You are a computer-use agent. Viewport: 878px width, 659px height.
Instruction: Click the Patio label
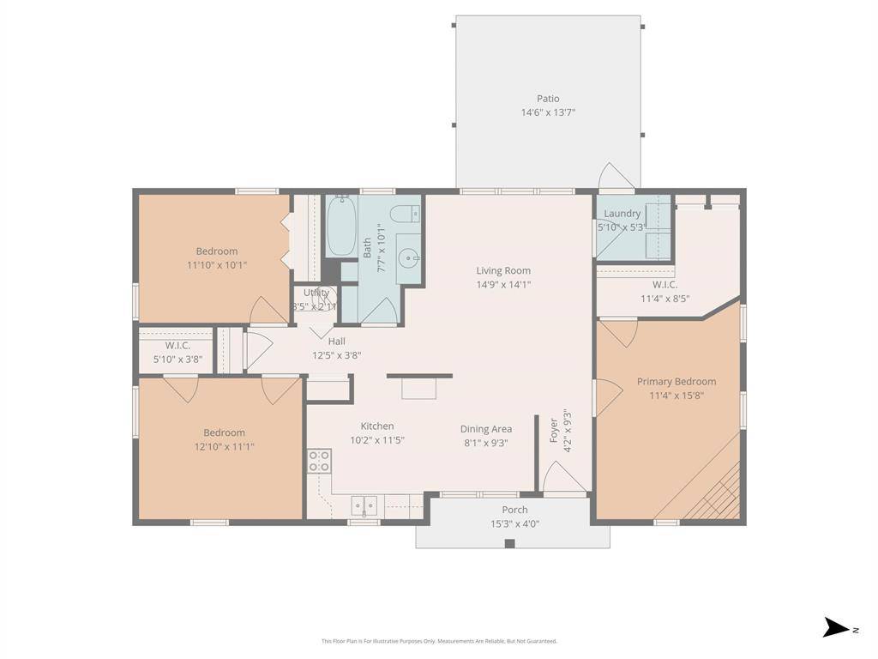click(x=548, y=99)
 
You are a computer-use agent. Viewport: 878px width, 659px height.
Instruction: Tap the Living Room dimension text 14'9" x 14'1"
click(x=504, y=284)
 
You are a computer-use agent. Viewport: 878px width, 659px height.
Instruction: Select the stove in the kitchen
click(x=320, y=461)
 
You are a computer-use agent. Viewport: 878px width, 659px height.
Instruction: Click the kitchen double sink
click(x=365, y=506)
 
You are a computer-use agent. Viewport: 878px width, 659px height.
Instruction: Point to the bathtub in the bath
click(x=340, y=226)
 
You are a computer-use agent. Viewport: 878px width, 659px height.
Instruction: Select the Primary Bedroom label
click(x=676, y=382)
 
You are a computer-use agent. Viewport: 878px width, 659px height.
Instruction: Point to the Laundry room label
click(x=622, y=214)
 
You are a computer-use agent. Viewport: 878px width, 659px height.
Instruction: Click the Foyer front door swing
click(x=562, y=478)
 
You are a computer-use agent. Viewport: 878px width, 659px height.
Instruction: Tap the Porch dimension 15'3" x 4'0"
click(x=514, y=523)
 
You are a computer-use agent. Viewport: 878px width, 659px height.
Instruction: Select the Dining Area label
click(x=486, y=429)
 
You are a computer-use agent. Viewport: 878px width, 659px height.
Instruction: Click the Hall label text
click(x=336, y=342)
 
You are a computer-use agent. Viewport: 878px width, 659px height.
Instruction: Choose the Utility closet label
click(x=316, y=293)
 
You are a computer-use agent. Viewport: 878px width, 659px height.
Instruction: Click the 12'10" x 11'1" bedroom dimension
click(x=224, y=446)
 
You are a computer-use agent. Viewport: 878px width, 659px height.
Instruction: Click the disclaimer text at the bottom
click(x=439, y=641)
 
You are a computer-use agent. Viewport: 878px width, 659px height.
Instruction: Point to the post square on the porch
click(x=509, y=543)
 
